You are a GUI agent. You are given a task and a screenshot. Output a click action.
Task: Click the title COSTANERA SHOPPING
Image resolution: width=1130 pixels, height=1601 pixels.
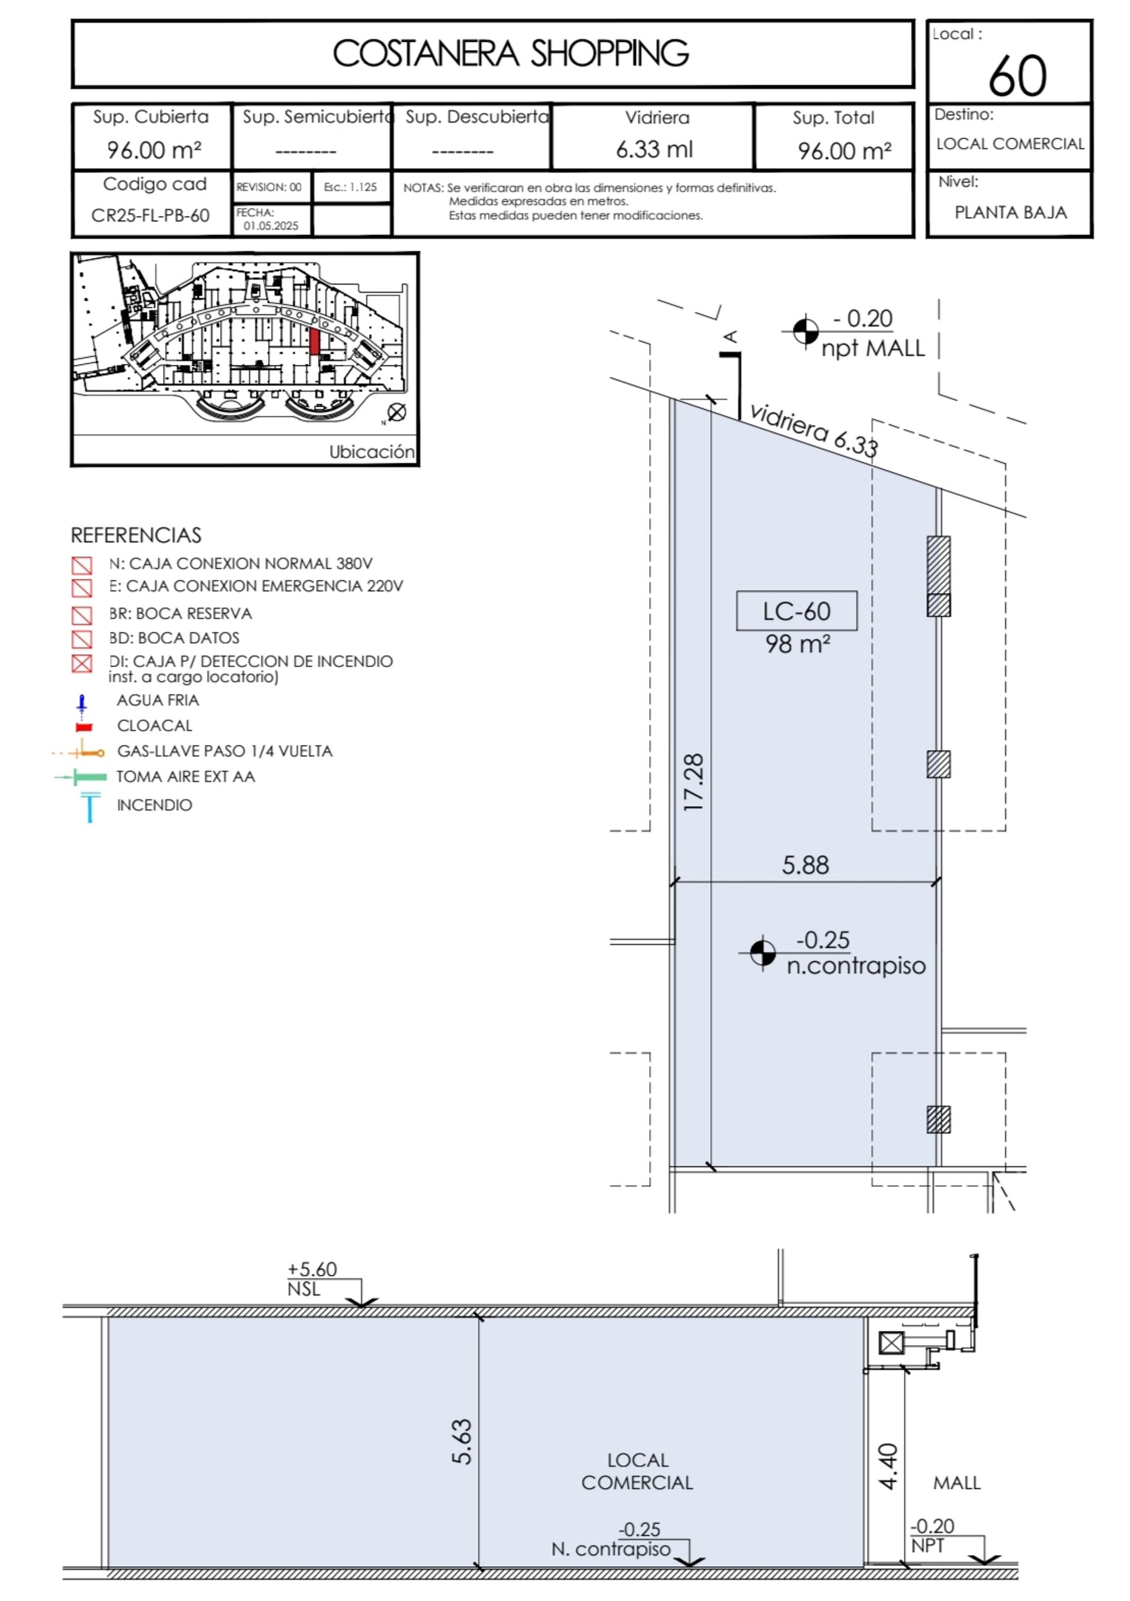coord(510,54)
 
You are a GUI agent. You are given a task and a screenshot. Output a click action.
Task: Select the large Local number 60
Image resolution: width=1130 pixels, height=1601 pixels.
coord(1017,76)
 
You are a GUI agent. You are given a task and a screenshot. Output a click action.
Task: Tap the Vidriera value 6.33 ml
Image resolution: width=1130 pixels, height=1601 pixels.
coord(654,150)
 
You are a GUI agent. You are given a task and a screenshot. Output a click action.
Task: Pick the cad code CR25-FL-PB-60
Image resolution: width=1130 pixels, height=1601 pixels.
coord(151,215)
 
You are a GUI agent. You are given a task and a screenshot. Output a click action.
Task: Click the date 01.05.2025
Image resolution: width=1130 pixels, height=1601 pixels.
coord(271,226)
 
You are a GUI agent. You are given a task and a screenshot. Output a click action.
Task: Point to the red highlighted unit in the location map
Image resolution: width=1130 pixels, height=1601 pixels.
coord(314,341)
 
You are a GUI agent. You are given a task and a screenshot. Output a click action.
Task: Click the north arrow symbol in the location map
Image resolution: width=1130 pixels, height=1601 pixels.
coord(397,412)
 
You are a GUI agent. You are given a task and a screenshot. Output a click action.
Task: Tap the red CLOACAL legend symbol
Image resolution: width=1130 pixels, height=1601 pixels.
coord(84,726)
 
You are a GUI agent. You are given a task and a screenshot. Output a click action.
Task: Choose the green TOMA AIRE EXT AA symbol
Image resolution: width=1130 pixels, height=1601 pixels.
coord(81,777)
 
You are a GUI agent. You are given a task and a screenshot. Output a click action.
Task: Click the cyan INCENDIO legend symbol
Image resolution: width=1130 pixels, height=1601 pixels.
coord(90,808)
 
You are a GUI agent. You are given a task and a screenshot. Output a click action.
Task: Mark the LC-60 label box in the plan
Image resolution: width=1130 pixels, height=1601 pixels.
coord(797,611)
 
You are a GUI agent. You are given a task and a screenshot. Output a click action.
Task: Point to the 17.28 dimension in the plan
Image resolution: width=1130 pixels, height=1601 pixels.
coord(694,782)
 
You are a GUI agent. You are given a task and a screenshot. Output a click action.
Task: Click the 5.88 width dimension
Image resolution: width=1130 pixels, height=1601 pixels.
coord(805,865)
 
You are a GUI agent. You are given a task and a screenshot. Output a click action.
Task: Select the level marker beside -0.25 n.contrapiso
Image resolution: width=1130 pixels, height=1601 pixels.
coord(763,952)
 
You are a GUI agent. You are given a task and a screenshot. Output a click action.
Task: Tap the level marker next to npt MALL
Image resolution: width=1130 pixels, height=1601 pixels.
coord(805,331)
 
